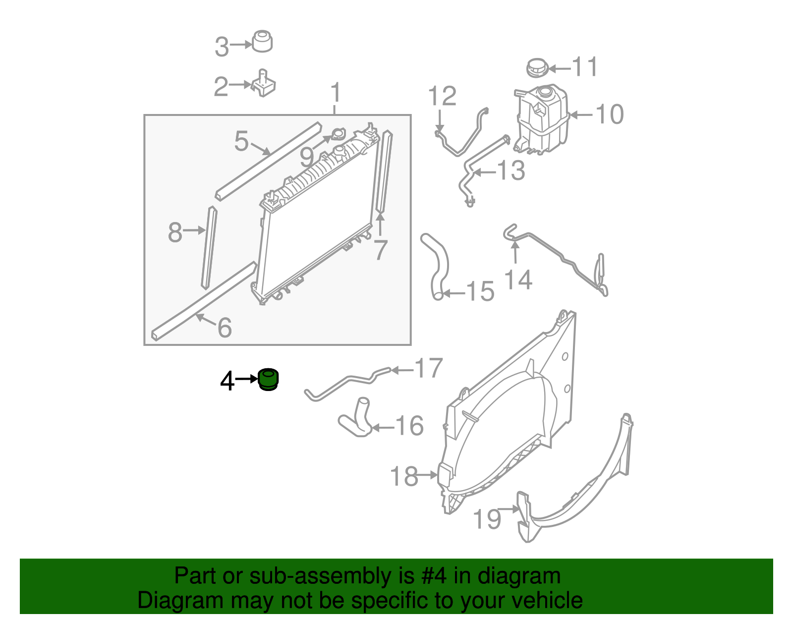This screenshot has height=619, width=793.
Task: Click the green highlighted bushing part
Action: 269,380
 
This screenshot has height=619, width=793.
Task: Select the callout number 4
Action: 227,381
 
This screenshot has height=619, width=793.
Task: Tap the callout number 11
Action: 585,67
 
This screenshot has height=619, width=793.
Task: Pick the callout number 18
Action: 404,476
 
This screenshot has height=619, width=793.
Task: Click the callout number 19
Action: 487,518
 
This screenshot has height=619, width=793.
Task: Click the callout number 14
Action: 518,280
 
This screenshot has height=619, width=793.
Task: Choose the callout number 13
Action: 511,170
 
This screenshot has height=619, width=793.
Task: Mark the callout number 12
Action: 442,96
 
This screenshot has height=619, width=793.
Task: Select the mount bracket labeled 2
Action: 264,84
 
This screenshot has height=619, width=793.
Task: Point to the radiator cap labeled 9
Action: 338,134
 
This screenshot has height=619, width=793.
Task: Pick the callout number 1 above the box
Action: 336,93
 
